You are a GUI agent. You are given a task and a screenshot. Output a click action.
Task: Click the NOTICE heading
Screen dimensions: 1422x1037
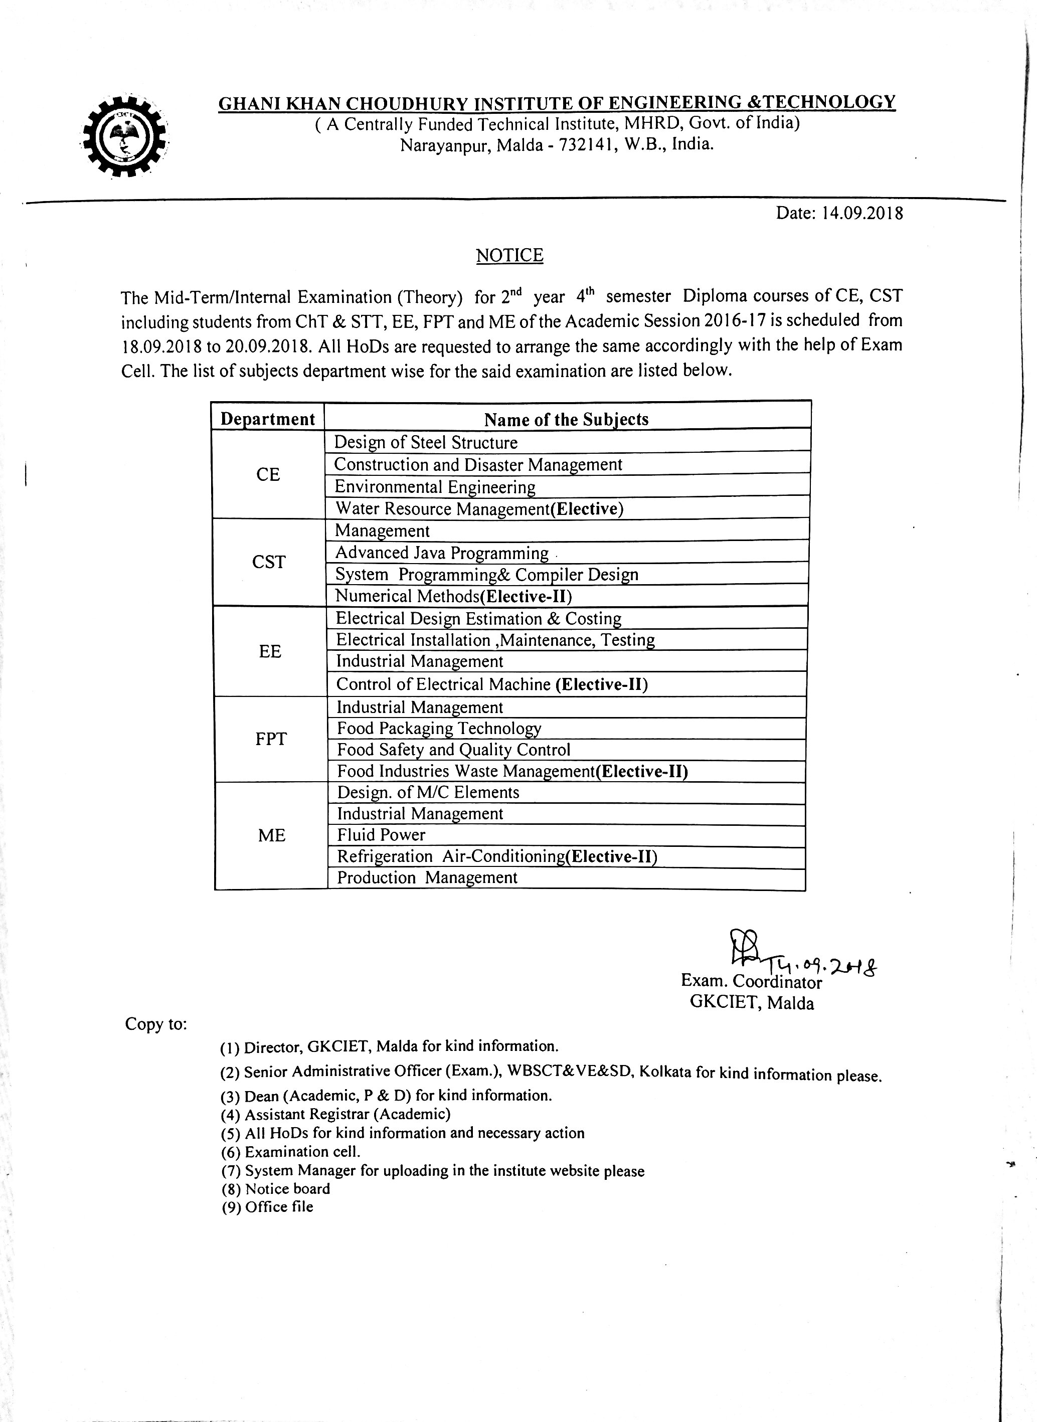click(x=509, y=255)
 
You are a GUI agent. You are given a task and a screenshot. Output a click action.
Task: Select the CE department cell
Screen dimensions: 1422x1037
click(x=268, y=474)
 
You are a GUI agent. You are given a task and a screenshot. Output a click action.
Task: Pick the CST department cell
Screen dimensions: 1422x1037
click(x=269, y=562)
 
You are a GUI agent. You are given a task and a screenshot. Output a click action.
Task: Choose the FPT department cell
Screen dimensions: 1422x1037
click(x=271, y=739)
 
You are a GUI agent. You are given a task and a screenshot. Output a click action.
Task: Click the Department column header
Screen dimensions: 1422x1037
click(x=267, y=419)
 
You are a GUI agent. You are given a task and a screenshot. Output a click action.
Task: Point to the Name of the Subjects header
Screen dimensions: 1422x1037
click(x=566, y=419)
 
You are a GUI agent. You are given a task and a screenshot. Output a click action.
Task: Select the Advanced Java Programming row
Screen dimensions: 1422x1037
click(x=442, y=553)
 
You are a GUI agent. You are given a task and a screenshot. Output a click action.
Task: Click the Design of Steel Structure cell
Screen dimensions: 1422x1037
click(x=426, y=442)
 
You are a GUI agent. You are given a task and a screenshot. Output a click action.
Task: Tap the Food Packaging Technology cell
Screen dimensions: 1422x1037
click(x=439, y=729)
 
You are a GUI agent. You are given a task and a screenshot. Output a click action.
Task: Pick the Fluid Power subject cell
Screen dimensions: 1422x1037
click(x=381, y=835)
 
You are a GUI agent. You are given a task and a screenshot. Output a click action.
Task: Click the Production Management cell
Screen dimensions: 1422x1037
click(x=427, y=877)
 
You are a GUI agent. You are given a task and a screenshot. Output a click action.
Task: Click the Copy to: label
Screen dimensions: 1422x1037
click(x=155, y=1023)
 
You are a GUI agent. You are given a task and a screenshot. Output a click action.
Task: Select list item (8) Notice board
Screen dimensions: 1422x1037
click(x=276, y=1188)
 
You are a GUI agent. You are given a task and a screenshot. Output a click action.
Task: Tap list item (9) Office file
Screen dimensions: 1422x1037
click(x=267, y=1207)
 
